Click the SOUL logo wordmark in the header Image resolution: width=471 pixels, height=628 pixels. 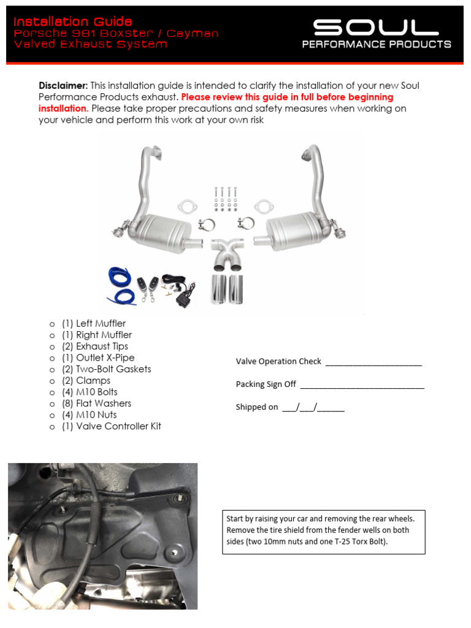376,27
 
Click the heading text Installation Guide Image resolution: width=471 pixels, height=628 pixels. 73,22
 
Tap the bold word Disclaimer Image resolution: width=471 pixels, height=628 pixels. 63,86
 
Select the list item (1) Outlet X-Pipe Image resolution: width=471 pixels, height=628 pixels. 98,358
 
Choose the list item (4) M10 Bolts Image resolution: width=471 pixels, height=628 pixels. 90,392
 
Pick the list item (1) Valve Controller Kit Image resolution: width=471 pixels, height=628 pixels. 112,426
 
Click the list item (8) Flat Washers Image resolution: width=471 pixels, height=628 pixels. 96,404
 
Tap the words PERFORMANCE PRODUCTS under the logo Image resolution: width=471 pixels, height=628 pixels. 377,45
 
